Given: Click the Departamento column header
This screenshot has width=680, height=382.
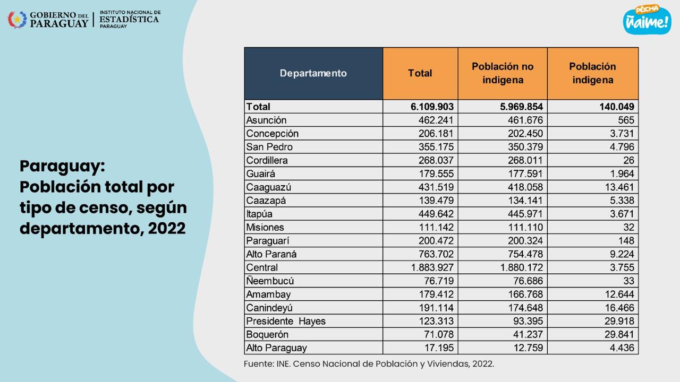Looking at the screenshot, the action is [x=313, y=73].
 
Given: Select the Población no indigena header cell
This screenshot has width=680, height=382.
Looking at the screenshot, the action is [x=503, y=73].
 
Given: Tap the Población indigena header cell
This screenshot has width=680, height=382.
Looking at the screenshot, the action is [x=593, y=73].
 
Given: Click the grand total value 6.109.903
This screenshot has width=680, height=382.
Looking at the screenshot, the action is [x=432, y=107].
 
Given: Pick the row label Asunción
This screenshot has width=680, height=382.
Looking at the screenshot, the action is [x=266, y=120].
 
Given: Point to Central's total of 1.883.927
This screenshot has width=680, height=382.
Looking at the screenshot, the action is [x=432, y=267].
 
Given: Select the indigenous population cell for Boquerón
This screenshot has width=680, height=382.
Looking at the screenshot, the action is [x=619, y=334].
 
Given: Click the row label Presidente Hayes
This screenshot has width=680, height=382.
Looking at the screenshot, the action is [x=286, y=321].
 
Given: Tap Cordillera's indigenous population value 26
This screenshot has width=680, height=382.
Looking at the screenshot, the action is [x=628, y=160].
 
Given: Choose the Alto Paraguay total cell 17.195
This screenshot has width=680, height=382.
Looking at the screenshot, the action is [x=439, y=348].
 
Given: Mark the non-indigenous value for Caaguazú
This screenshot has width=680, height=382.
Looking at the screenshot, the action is [x=525, y=187].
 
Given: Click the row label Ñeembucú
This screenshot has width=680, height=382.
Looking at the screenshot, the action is [x=270, y=281].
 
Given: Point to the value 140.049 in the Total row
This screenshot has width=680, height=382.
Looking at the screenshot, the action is [x=617, y=107].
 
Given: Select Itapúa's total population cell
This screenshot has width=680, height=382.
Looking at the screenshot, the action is [x=436, y=214].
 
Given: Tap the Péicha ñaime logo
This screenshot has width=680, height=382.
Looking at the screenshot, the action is [x=647, y=20].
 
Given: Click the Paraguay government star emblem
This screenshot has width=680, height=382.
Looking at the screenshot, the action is [x=18, y=20].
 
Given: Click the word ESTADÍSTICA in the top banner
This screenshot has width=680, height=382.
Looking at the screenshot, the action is [x=129, y=20].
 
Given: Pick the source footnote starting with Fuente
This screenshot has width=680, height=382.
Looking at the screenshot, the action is [x=369, y=364].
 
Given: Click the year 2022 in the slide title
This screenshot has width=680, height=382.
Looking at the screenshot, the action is [x=167, y=228].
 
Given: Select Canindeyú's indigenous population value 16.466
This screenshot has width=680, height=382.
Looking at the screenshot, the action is [x=619, y=308].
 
